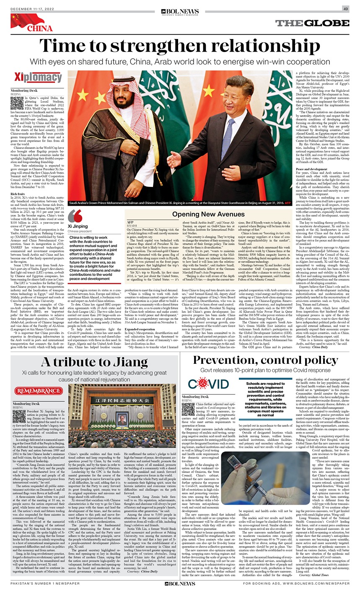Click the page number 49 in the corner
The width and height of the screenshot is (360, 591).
345,9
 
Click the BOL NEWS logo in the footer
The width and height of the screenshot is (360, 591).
180,583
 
